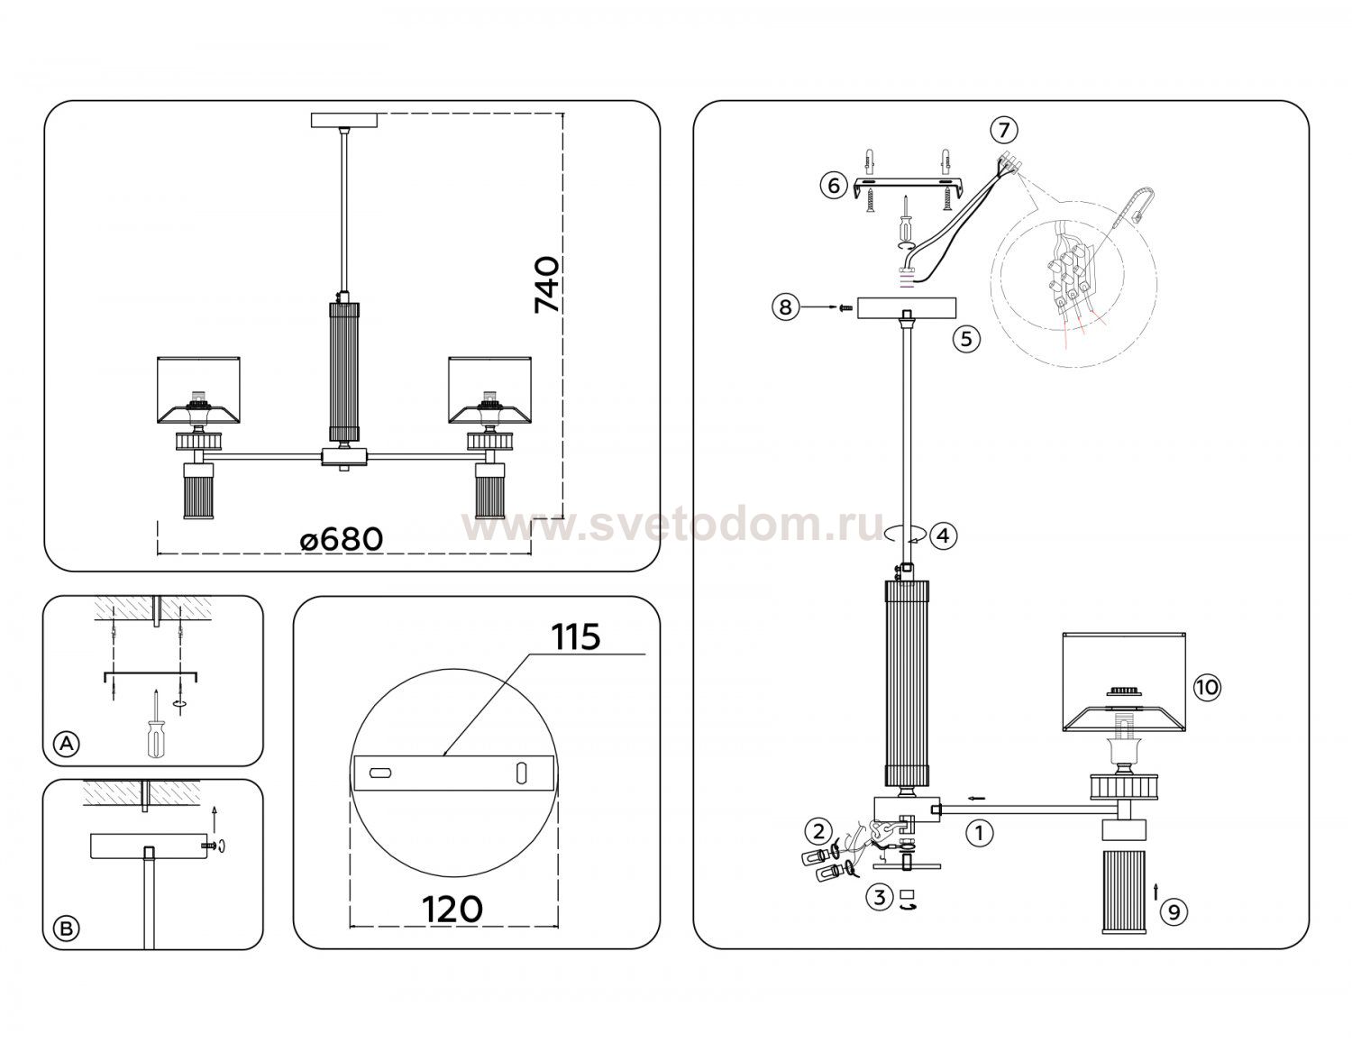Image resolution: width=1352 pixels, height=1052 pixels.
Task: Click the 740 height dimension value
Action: click(x=547, y=284)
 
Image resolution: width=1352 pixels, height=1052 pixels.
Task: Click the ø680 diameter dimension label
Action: click(x=341, y=539)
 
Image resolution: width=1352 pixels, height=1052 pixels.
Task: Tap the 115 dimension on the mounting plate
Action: click(x=576, y=636)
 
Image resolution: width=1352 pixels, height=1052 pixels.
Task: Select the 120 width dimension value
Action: click(x=452, y=910)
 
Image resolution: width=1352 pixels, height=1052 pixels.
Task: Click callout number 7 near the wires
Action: click(x=1004, y=131)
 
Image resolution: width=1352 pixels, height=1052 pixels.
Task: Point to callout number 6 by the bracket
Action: click(x=835, y=186)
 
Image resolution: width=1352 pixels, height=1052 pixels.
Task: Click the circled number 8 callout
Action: click(x=786, y=306)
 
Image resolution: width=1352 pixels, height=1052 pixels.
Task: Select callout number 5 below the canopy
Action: click(x=965, y=339)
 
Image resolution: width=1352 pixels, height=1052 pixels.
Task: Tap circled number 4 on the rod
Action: click(x=943, y=535)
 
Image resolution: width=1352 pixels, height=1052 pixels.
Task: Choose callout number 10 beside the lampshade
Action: click(x=1207, y=688)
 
